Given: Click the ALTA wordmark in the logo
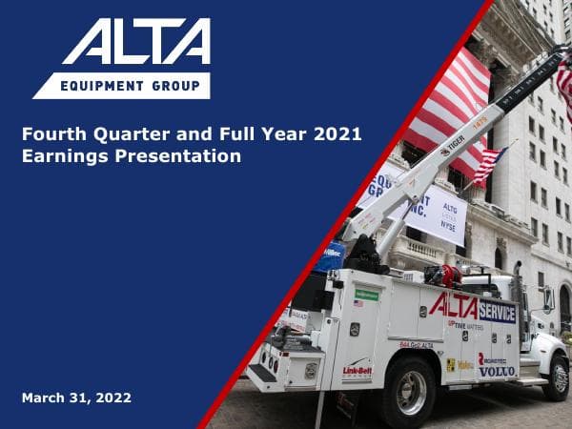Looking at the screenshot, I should (134, 43).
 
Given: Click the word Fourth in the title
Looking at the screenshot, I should (51, 134).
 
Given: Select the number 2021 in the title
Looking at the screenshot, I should (335, 134).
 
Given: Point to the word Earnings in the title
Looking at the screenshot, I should (61, 155).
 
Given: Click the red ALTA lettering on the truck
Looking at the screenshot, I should (452, 305).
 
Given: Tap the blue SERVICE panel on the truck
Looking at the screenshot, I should (497, 312).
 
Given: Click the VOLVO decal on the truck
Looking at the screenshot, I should (497, 370).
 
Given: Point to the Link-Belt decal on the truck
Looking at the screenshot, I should (357, 370).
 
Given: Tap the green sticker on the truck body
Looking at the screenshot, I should (366, 295).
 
